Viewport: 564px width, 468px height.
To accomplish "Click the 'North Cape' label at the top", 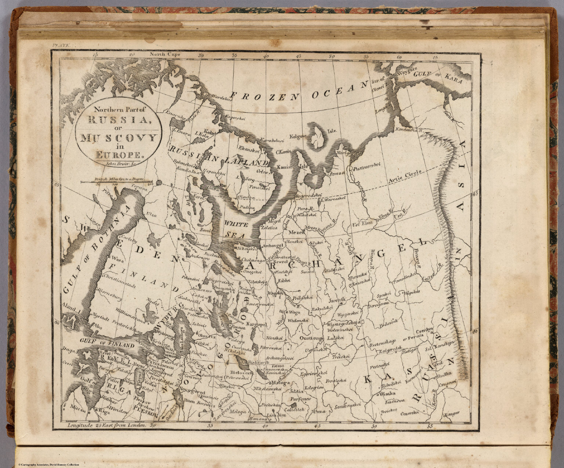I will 166,55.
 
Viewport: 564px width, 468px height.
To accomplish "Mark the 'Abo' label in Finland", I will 98,325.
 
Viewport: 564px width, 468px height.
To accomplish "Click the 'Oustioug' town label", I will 312,338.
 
